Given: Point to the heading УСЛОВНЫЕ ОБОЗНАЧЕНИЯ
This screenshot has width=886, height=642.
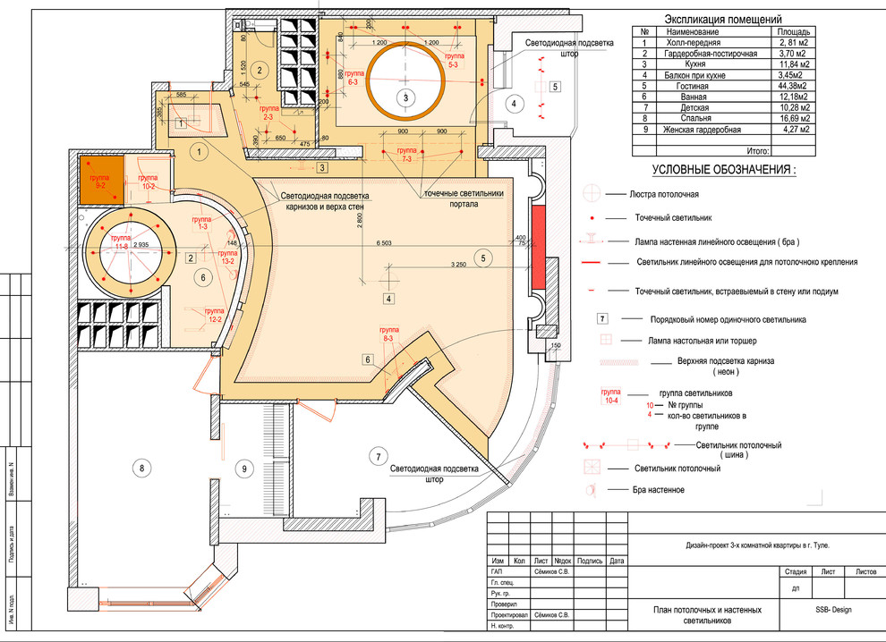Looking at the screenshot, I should coord(722,169).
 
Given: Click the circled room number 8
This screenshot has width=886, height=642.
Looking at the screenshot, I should coord(139,466).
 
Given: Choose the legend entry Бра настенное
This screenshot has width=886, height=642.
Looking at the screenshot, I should coord(660,489).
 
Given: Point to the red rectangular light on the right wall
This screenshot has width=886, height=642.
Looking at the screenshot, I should coord(539,247).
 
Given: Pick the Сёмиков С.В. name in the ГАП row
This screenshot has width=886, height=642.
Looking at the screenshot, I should coord(555,570).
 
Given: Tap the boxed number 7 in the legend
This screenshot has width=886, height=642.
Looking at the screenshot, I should coord(602,318).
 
